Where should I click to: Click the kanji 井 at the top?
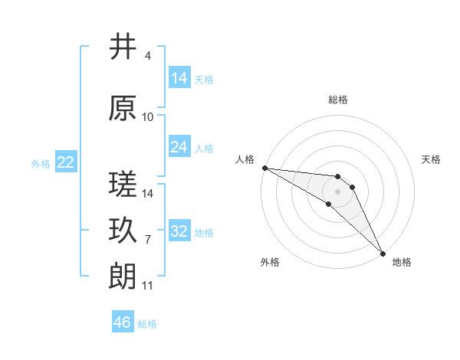(x=123, y=47)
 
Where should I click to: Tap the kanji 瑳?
(x=123, y=183)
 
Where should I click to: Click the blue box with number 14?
(x=179, y=77)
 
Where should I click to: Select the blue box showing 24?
(x=179, y=147)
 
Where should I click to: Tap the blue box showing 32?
(x=179, y=231)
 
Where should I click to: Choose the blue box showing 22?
(x=66, y=162)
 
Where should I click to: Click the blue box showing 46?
(x=123, y=322)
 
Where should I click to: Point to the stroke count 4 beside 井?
(x=147, y=56)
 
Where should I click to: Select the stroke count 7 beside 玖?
(x=147, y=239)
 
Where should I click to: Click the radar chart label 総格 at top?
(x=337, y=100)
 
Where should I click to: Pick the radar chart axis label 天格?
(x=431, y=159)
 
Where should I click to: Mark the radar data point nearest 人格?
(x=264, y=168)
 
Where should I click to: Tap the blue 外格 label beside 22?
(x=40, y=163)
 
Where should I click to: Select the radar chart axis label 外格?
(x=270, y=262)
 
